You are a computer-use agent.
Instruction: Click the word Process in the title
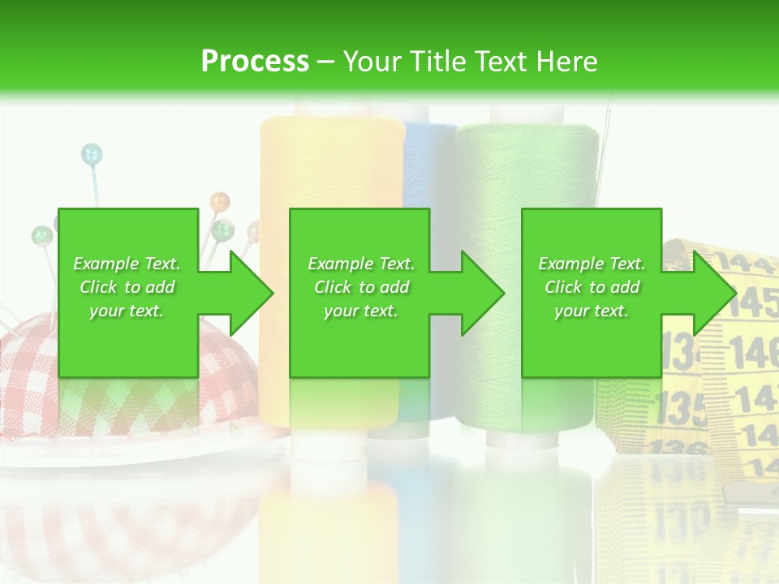pos(255,62)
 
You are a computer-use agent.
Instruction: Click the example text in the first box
pos(127,287)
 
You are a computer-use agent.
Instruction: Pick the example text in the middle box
pos(361,287)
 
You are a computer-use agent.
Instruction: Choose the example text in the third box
pos(592,287)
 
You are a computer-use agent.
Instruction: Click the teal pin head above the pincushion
pos(92,152)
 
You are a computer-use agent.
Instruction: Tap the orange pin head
pos(220,200)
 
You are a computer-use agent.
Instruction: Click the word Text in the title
pos(500,62)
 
